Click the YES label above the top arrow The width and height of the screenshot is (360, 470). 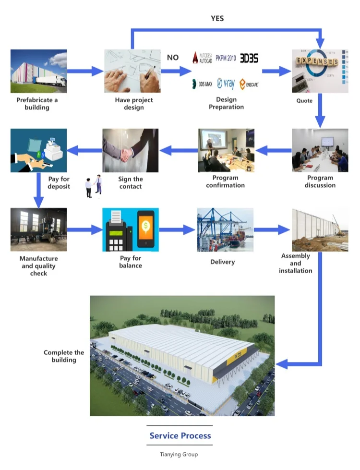(x=217, y=19)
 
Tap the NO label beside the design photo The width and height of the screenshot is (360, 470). (x=173, y=57)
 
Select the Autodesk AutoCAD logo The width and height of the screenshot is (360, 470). (x=203, y=58)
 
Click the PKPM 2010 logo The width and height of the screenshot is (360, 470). (x=226, y=58)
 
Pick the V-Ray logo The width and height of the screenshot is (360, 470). (x=226, y=84)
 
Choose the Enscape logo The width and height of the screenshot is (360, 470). (x=249, y=84)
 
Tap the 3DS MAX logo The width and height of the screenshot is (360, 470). (x=202, y=84)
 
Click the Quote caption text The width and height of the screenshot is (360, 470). (x=304, y=101)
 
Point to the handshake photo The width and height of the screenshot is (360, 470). (x=131, y=150)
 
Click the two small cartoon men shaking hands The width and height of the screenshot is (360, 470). (x=94, y=186)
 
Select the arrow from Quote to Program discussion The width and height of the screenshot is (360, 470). (x=320, y=110)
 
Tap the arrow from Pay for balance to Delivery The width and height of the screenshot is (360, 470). (x=177, y=229)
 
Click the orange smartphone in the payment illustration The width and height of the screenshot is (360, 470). (x=145, y=229)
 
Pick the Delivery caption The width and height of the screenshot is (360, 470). (x=222, y=262)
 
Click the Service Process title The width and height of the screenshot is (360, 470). (x=180, y=435)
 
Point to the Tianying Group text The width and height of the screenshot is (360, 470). (x=179, y=455)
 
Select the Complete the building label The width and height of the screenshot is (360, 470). (x=64, y=356)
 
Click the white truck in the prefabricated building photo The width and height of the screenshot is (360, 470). (x=51, y=81)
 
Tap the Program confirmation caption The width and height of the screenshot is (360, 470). (x=226, y=181)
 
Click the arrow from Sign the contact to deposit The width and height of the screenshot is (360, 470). (x=84, y=150)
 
